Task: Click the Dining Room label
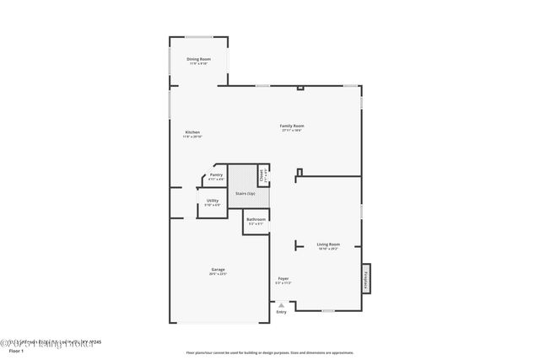(x=198, y=58)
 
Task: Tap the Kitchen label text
(x=192, y=132)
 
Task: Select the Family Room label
(x=292, y=126)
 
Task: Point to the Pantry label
(x=216, y=175)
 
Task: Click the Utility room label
(x=213, y=201)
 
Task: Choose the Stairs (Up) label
(x=246, y=194)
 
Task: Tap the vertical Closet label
(x=263, y=176)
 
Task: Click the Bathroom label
(x=256, y=219)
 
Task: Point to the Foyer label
(x=283, y=278)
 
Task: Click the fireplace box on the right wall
(x=366, y=278)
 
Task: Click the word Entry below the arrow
(x=281, y=312)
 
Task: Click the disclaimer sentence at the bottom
(x=270, y=352)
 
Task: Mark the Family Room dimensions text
(x=292, y=131)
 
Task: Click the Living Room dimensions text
(x=328, y=249)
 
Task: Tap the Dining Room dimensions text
(x=198, y=63)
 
